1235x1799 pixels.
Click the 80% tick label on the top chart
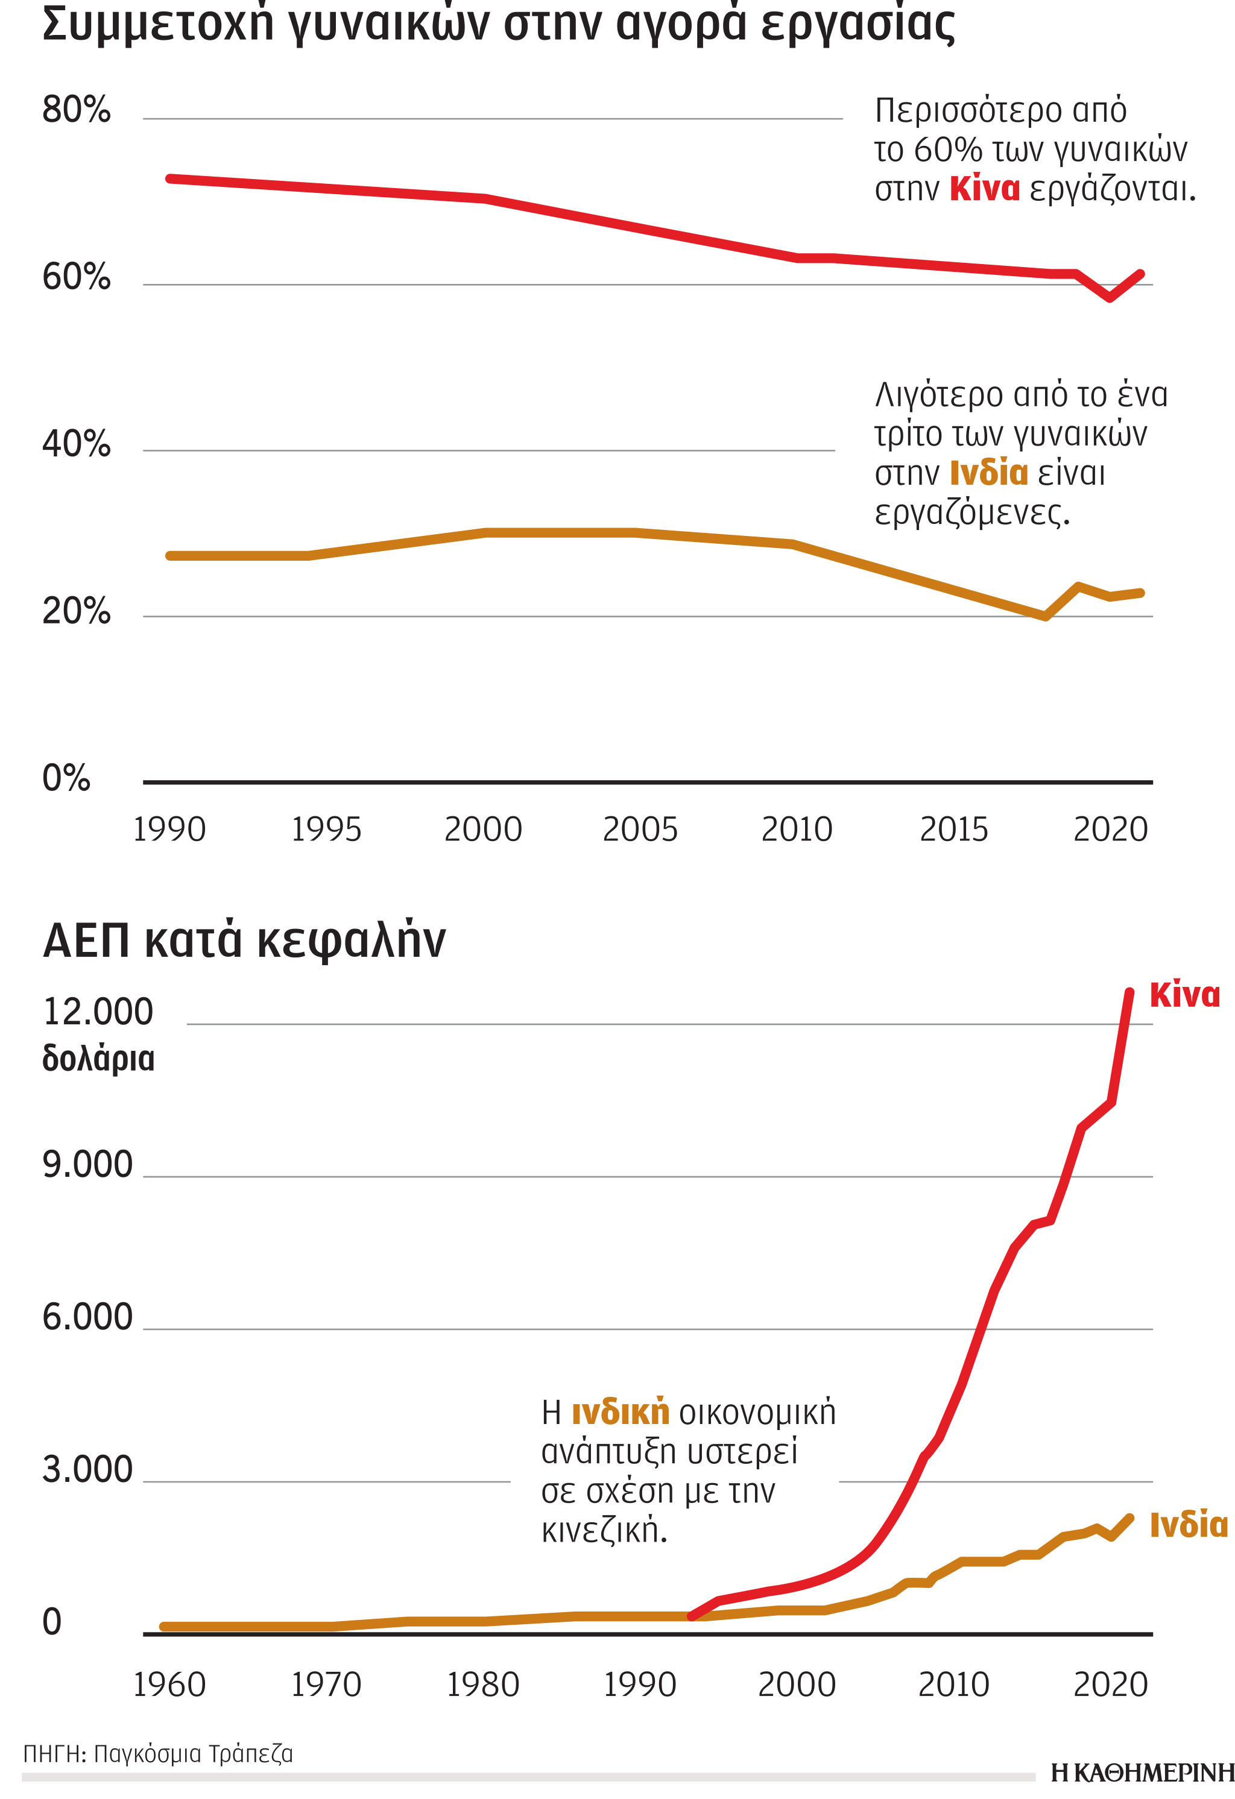point(76,110)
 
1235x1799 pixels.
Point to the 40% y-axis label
point(76,444)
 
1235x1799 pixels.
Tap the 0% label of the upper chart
point(66,778)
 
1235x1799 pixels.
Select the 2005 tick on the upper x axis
point(640,830)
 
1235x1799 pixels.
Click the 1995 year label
point(326,830)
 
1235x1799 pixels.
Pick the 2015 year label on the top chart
point(953,830)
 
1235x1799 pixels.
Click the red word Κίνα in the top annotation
point(984,189)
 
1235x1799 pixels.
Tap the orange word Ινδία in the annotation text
point(989,473)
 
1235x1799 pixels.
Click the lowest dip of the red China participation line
point(1110,297)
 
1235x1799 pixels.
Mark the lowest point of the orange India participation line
point(1045,617)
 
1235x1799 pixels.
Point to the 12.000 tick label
point(98,1012)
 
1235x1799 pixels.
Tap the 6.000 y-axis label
point(87,1317)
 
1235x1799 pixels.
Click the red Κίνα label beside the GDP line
point(1184,995)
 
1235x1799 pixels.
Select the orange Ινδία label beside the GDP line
point(1189,1525)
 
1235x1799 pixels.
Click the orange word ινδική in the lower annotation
point(619,1413)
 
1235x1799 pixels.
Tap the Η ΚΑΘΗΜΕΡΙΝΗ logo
point(1142,1772)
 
